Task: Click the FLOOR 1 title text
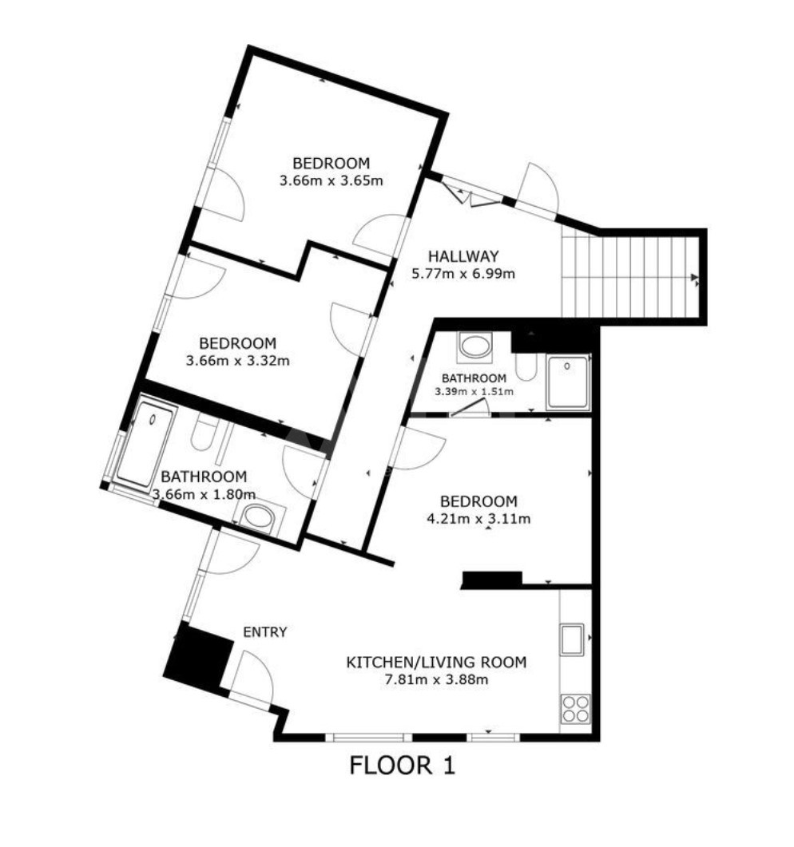pos(402,766)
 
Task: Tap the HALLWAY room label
pos(463,256)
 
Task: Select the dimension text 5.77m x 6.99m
pos(463,274)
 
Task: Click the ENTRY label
pos(265,631)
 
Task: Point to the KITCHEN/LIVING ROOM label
pos(436,662)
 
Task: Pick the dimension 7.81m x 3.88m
pos(436,679)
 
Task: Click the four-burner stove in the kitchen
pos(575,708)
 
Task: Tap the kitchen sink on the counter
pos(573,639)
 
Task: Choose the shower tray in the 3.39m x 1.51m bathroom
pos(567,382)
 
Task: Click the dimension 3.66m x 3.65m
pos(331,180)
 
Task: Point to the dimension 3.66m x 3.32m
pos(238,360)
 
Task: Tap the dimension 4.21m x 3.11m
pos(478,519)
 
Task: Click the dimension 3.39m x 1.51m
pos(474,392)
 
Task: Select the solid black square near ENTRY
pos(198,659)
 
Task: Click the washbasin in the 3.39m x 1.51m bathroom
pos(475,346)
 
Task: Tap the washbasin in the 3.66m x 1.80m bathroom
pos(257,517)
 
